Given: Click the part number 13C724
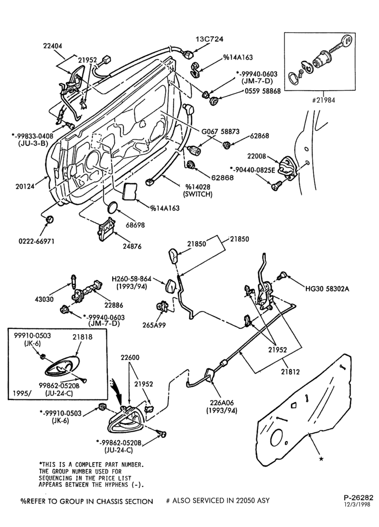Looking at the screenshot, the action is click(x=209, y=39).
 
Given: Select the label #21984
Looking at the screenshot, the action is click(x=324, y=100).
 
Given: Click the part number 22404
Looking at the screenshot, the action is click(x=53, y=46).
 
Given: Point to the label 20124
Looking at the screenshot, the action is click(x=25, y=186).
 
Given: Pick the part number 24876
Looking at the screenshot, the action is click(x=132, y=246).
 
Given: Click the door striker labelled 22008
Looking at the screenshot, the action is click(x=287, y=167).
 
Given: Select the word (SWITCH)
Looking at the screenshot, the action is click(x=198, y=194).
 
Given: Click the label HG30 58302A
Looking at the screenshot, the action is click(x=327, y=288).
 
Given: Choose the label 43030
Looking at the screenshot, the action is click(x=44, y=299).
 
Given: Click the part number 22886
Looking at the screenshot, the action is click(x=114, y=305).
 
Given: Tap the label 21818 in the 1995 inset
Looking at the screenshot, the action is click(x=83, y=336).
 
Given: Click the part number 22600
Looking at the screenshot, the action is click(x=130, y=358).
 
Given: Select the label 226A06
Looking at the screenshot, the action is click(x=222, y=403).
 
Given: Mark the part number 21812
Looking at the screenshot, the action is click(x=291, y=372).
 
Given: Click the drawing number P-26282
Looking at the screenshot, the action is click(x=358, y=498).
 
